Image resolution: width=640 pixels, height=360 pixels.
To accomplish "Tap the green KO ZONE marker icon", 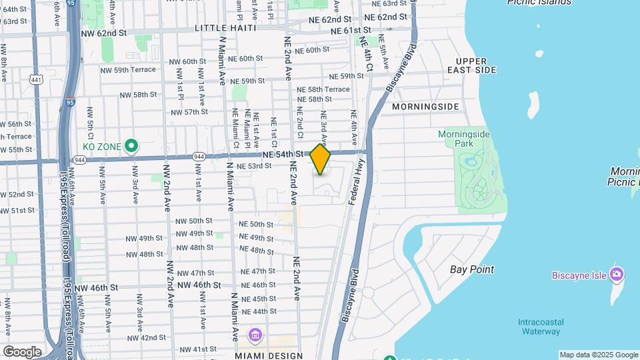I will [132, 145].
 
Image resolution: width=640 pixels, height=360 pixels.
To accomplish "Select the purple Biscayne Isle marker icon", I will [617, 274].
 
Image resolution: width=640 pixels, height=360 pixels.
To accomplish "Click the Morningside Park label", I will [464, 139].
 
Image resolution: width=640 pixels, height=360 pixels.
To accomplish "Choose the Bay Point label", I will [472, 269].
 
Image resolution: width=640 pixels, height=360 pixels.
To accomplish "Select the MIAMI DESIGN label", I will [269, 356].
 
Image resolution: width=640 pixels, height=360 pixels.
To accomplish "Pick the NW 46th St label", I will [96, 287].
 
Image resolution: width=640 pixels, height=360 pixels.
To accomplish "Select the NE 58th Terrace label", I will [323, 89].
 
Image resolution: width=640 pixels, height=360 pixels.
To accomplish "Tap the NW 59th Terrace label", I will [128, 69].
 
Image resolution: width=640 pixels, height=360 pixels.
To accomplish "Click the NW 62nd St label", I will [103, 32].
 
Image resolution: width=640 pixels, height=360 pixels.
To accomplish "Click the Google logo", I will [21, 352].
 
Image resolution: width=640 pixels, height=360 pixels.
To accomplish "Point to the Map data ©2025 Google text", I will [599, 355].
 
